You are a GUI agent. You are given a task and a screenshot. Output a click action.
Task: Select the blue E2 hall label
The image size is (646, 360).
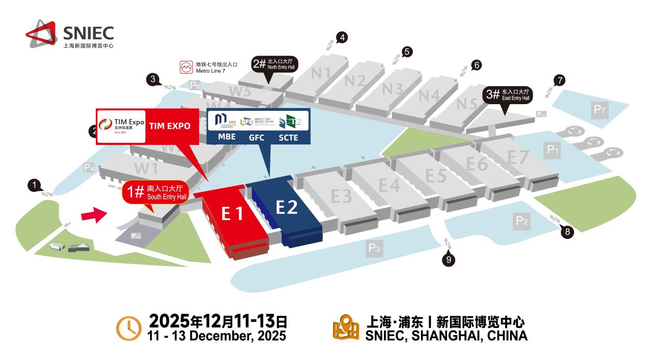287,207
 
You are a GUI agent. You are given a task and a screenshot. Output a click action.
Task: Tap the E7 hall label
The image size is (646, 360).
517,157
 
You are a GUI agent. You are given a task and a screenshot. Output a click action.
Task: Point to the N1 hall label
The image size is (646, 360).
321,73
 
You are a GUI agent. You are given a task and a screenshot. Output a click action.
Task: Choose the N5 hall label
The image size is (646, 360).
466,104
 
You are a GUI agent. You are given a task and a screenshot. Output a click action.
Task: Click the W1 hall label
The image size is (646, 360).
146,168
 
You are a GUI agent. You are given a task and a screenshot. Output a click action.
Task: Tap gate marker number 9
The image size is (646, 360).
449,260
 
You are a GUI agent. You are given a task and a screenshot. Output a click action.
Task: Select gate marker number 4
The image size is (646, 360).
343,37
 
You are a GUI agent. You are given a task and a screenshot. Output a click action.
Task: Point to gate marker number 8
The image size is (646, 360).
567,232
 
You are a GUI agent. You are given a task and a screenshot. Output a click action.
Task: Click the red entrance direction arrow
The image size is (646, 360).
94,216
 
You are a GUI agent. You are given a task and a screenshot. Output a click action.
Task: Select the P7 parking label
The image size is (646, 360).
599,108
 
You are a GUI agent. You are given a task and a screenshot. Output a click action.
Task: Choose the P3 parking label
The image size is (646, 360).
375,249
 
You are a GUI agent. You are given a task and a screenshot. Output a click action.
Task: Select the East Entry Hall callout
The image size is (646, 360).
508,94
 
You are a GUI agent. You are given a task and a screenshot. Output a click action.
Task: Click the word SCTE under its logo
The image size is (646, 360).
288,137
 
